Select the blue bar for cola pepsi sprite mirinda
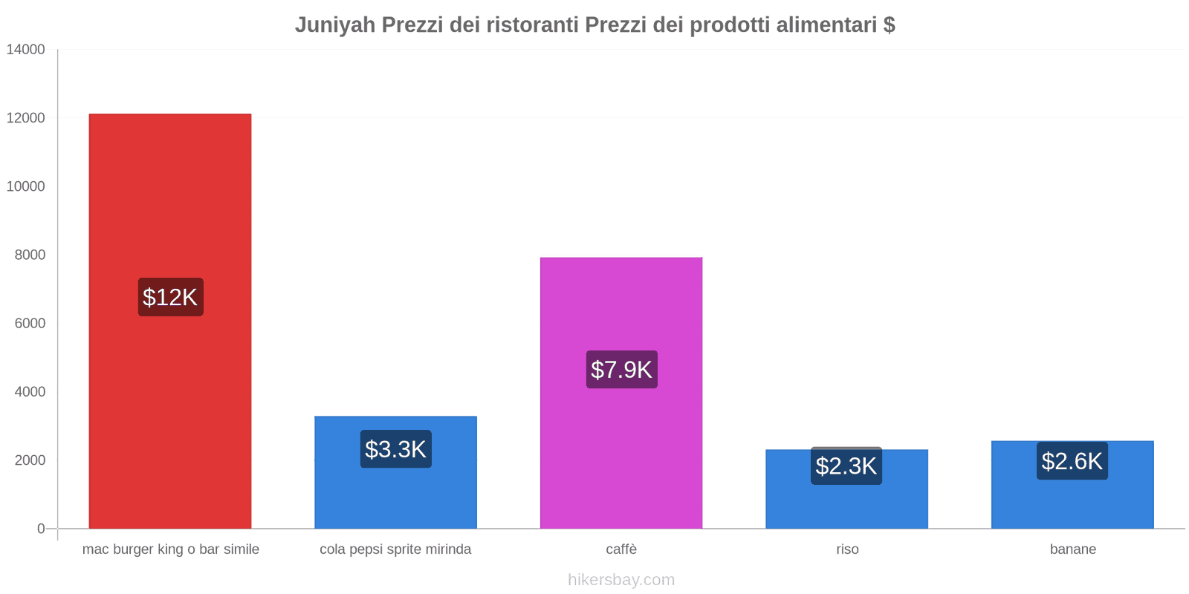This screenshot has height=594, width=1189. click(x=395, y=497)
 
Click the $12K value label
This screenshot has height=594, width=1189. click(x=170, y=297)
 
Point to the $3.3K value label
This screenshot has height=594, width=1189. click(x=395, y=449)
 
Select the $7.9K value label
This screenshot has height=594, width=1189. click(x=621, y=369)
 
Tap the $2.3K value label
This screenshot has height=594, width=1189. click(x=846, y=466)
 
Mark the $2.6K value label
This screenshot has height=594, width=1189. click(x=1072, y=461)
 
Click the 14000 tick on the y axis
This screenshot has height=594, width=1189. click(x=26, y=50)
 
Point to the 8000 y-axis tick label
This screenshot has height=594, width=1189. click(x=30, y=255)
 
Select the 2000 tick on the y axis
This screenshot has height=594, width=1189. click(x=30, y=460)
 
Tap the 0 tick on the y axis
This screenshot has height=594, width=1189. click(x=41, y=529)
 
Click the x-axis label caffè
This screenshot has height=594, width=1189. click(x=621, y=549)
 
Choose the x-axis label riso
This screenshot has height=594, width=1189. click(x=847, y=549)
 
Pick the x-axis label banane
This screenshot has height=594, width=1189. click(x=1073, y=549)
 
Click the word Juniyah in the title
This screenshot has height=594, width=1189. click(x=335, y=25)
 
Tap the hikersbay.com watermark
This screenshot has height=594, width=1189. click(x=621, y=580)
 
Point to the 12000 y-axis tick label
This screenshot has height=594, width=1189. click(x=26, y=118)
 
